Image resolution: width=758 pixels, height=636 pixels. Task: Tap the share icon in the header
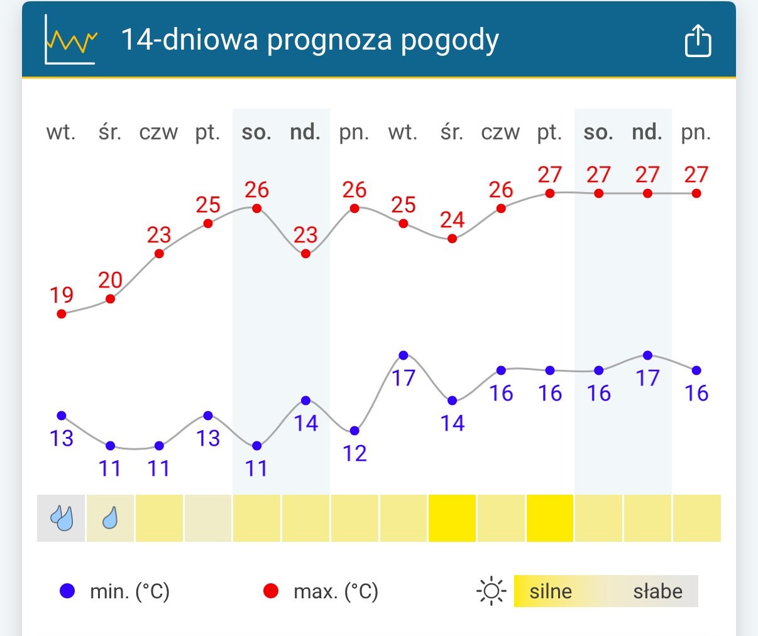pyautogui.click(x=698, y=41)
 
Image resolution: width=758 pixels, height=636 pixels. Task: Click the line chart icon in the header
pyautogui.click(x=70, y=40)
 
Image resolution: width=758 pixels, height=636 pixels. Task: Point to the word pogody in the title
pyautogui.click(x=450, y=41)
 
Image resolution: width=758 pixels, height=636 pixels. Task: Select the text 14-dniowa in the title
pyautogui.click(x=189, y=40)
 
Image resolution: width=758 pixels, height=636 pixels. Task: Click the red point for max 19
pyautogui.click(x=62, y=313)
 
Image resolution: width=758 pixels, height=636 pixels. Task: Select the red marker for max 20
pyautogui.click(x=110, y=299)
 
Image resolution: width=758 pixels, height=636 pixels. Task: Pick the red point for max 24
pyautogui.click(x=452, y=239)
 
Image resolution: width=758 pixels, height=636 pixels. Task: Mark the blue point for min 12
pyautogui.click(x=354, y=431)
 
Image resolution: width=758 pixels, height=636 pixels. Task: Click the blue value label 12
pyautogui.click(x=354, y=453)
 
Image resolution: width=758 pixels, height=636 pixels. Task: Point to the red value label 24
pyautogui.click(x=452, y=220)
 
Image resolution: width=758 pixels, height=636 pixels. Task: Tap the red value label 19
pyautogui.click(x=62, y=294)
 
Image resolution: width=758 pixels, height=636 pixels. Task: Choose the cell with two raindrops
pyautogui.click(x=62, y=518)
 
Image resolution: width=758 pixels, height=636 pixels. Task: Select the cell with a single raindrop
pyautogui.click(x=110, y=518)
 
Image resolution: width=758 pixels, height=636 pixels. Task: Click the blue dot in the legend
pyautogui.click(x=67, y=591)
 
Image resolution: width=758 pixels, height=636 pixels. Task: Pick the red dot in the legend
pyautogui.click(x=271, y=591)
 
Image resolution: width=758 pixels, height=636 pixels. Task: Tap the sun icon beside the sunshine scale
pyautogui.click(x=492, y=591)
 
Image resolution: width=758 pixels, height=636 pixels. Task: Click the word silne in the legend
pyautogui.click(x=551, y=591)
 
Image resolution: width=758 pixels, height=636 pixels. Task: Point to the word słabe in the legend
pyautogui.click(x=657, y=591)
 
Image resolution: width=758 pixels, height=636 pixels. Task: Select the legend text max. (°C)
pyautogui.click(x=336, y=591)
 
